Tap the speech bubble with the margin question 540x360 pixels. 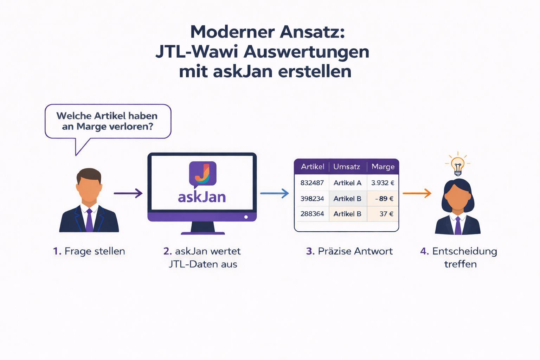click(108, 121)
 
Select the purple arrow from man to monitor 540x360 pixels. click(128, 193)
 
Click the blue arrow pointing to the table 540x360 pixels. click(274, 193)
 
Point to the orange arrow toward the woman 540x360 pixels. click(417, 193)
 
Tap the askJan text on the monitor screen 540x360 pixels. click(202, 197)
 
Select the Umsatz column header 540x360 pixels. click(347, 167)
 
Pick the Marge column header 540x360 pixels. click(383, 167)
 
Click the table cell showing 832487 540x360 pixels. click(312, 183)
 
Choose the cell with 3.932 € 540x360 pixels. click(382, 183)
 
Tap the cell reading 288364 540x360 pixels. click(312, 214)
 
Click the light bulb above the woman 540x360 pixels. click(458, 165)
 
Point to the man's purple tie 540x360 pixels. click(89, 220)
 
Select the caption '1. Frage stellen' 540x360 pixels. click(89, 251)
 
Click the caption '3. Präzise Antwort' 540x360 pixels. click(349, 251)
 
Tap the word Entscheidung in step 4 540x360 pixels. click(464, 251)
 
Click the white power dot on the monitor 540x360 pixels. click(246, 217)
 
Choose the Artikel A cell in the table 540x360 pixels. click(347, 183)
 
